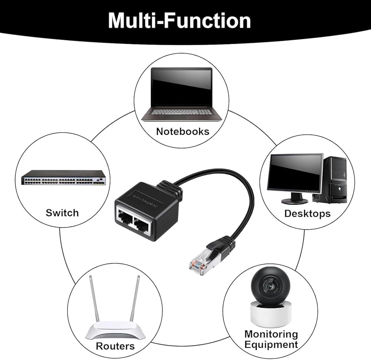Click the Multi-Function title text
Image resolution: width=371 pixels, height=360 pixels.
pyautogui.click(x=179, y=20)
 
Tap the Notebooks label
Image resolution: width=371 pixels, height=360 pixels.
pyautogui.click(x=183, y=131)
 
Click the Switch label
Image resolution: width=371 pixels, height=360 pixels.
pyautogui.click(x=62, y=213)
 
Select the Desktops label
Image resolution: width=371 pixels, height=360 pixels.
pyautogui.click(x=307, y=214)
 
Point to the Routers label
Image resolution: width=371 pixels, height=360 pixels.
pyautogui.click(x=115, y=346)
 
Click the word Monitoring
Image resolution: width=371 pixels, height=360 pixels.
pyautogui.click(x=271, y=334)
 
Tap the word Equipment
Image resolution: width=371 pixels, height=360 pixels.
pyautogui.click(x=271, y=345)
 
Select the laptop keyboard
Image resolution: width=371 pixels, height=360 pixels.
pyautogui.click(x=181, y=112)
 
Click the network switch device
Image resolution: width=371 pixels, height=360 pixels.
pyautogui.click(x=63, y=178)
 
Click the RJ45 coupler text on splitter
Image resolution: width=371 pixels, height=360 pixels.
pyautogui.click(x=145, y=201)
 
